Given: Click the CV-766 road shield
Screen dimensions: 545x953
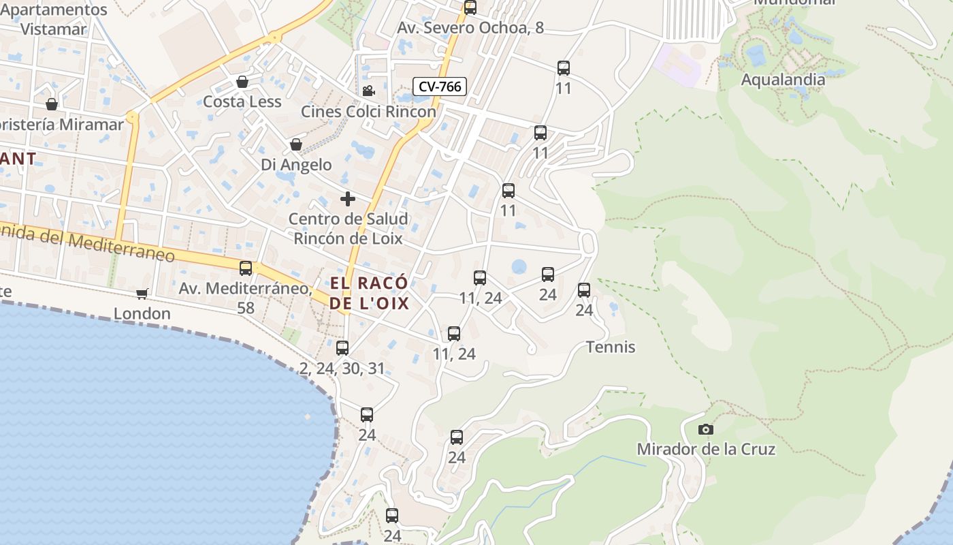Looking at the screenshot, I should pos(440,87).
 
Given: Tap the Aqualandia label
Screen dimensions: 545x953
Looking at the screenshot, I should pos(783,80).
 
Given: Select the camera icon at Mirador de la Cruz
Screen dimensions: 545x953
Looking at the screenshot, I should pos(706,429).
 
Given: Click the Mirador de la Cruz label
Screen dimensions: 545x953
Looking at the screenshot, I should pos(706,450).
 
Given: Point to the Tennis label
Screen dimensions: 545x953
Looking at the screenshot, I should pos(611,347).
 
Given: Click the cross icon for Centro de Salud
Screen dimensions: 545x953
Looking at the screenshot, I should pos(348,199).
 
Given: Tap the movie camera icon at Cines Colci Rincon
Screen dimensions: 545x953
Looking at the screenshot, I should pos(368,91).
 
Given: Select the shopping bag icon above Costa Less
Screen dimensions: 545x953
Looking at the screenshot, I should pos(242,82).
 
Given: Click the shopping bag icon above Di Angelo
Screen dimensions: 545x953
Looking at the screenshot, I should pos(296,144).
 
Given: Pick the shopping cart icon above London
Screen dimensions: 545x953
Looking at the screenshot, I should pos(142,294).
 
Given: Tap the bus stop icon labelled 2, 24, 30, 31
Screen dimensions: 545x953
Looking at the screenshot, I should pos(342,348).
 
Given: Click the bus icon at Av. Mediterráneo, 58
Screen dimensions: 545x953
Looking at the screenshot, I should pos(246,268).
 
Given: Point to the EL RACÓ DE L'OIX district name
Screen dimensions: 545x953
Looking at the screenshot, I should pos(370,293).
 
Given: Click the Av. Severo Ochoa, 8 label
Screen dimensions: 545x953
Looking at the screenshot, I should pos(470,28).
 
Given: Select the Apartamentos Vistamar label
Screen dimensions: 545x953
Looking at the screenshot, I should pos(54,19).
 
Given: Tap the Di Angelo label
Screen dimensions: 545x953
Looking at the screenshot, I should pos(296,165).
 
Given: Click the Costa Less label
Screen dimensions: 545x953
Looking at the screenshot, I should pos(242,102).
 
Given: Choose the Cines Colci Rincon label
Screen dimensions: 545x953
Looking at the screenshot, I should pos(368,112).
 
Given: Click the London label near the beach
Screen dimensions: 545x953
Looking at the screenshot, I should pos(142,314).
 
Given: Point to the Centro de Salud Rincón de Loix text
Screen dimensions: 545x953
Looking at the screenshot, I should pos(348,229).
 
